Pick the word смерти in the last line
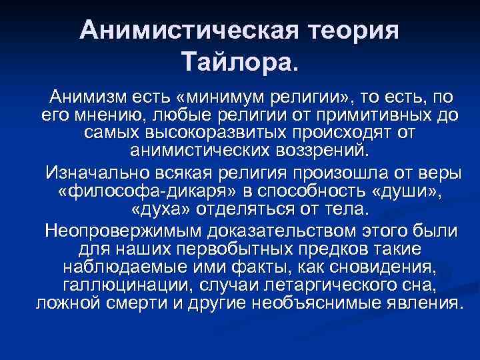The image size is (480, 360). (x=135, y=303)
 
